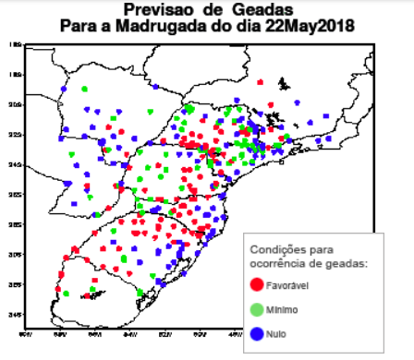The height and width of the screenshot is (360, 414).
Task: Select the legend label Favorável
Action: pyautogui.click(x=286, y=286)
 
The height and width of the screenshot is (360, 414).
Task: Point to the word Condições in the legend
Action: pyautogui.click(x=275, y=248)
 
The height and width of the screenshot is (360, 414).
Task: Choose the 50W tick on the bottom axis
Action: pyautogui.click(x=201, y=333)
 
